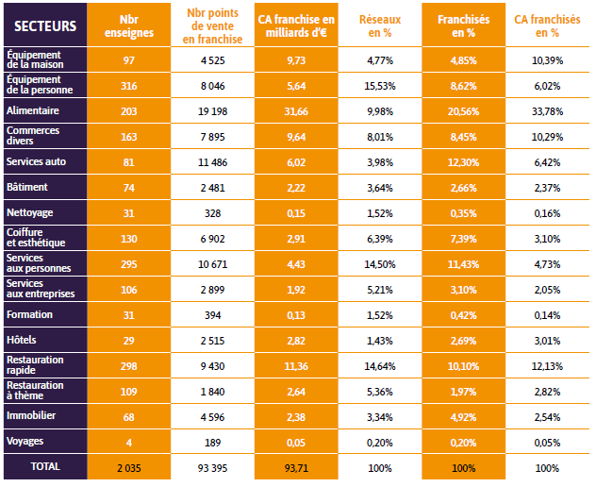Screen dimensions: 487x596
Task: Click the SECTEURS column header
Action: pyautogui.click(x=44, y=25)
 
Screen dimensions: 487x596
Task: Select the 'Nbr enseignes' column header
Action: pyautogui.click(x=128, y=25)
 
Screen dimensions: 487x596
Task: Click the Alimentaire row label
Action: pyautogui.click(x=34, y=110)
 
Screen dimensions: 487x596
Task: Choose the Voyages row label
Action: pyautogui.click(x=25, y=441)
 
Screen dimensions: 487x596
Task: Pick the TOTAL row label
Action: pyautogui.click(x=44, y=467)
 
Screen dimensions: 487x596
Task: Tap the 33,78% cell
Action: pyautogui.click(x=547, y=110)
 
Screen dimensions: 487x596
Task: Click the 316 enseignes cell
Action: pyautogui.click(x=128, y=85)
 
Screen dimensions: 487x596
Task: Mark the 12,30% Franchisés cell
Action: pyautogui.click(x=463, y=161)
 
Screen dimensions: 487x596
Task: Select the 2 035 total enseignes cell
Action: pyautogui.click(x=128, y=467)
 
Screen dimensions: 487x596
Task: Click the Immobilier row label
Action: pyautogui.click(x=30, y=416)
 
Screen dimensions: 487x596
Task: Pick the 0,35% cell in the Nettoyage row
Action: pyautogui.click(x=463, y=212)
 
